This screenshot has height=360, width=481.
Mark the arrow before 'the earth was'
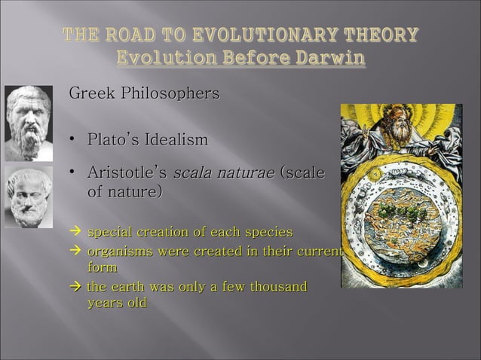click(x=75, y=287)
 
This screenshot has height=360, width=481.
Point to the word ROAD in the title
click(x=132, y=35)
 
